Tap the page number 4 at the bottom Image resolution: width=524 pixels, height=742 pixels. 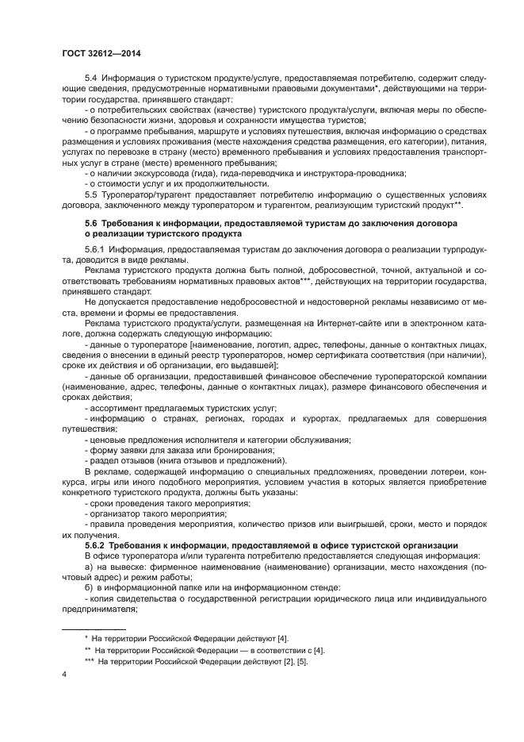[x=64, y=674]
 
